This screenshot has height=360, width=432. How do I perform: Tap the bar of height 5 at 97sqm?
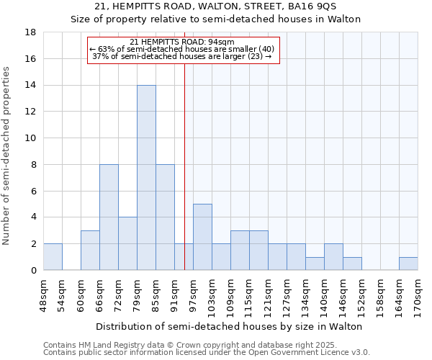202,237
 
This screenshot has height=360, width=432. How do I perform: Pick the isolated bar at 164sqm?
408,264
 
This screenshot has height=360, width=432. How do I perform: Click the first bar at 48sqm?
53,257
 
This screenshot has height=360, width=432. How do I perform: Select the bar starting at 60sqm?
90,250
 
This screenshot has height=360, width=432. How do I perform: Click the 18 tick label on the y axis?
31,32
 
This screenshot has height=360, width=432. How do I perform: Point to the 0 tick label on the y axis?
34,270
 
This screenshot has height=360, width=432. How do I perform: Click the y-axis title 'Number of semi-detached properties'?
7,156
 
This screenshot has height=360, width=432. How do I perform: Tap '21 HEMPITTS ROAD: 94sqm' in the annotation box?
182,42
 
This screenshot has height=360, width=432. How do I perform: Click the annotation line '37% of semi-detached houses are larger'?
182,56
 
